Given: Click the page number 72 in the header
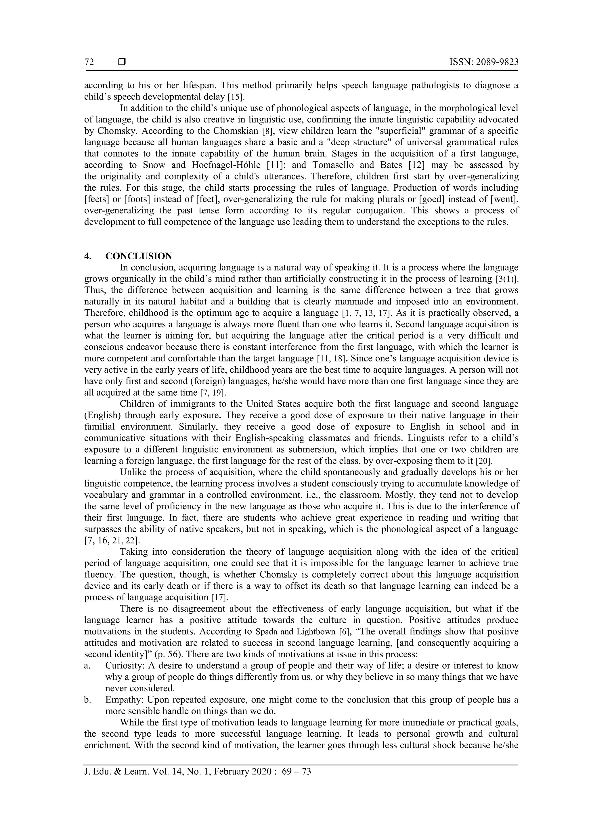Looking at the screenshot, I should (x=89, y=62).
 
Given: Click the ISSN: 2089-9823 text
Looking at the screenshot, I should (x=484, y=62).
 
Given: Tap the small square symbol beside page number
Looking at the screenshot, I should (x=122, y=62).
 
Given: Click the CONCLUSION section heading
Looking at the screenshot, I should (x=139, y=256).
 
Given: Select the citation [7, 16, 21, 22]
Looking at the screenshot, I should (x=112, y=541).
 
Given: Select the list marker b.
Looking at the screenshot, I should (x=87, y=700).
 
